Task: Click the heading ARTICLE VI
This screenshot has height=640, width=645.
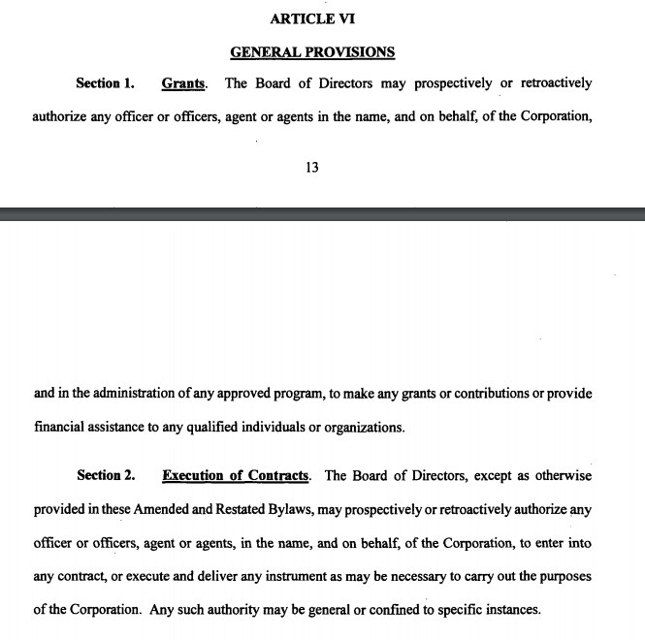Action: click(311, 17)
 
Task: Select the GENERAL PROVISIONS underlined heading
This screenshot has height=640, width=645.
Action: click(312, 51)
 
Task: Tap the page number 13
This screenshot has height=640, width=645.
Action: click(311, 167)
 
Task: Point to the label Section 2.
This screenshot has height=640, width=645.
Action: click(106, 475)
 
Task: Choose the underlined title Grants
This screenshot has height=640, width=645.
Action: click(183, 83)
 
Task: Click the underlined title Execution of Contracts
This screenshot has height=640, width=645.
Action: click(236, 475)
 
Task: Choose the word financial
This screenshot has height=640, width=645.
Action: click(61, 427)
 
